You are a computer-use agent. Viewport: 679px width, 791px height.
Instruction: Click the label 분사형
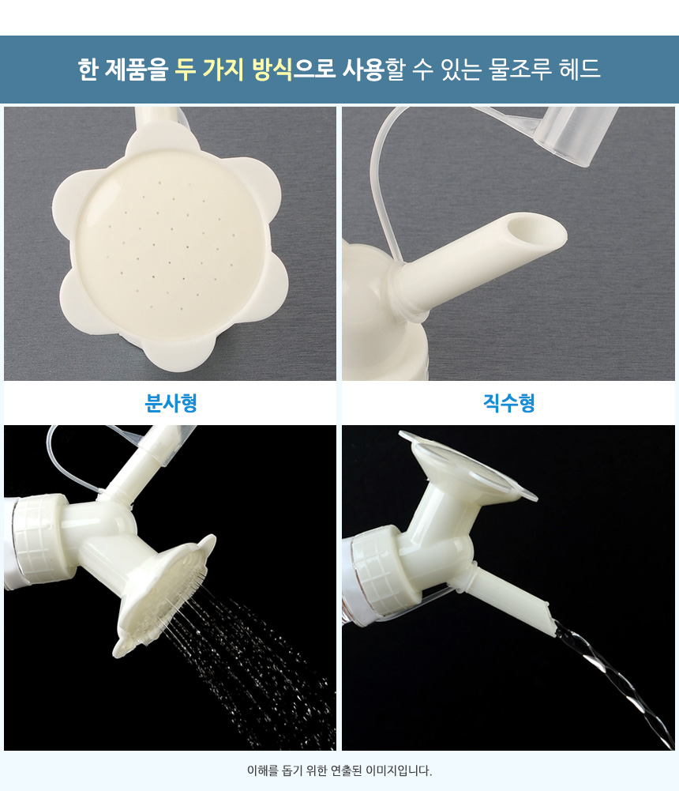click(171, 402)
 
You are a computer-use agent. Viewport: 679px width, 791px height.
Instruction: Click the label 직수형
click(508, 402)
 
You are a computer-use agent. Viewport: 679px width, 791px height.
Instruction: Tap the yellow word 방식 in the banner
click(272, 69)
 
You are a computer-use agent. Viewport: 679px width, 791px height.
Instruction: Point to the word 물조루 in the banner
click(520, 69)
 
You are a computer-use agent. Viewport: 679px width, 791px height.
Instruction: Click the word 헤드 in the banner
click(580, 69)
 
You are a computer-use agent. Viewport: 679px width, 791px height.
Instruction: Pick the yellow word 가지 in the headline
click(223, 69)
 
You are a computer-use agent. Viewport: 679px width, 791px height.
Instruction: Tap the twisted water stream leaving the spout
click(620, 681)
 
